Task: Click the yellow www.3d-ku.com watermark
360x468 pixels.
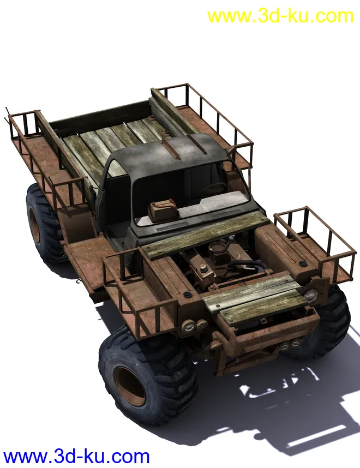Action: [280, 16]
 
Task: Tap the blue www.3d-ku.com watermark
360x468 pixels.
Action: [76, 457]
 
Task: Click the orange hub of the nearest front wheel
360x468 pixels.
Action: [130, 386]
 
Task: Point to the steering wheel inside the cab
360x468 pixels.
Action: [213, 188]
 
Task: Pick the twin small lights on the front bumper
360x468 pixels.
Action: [290, 346]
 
